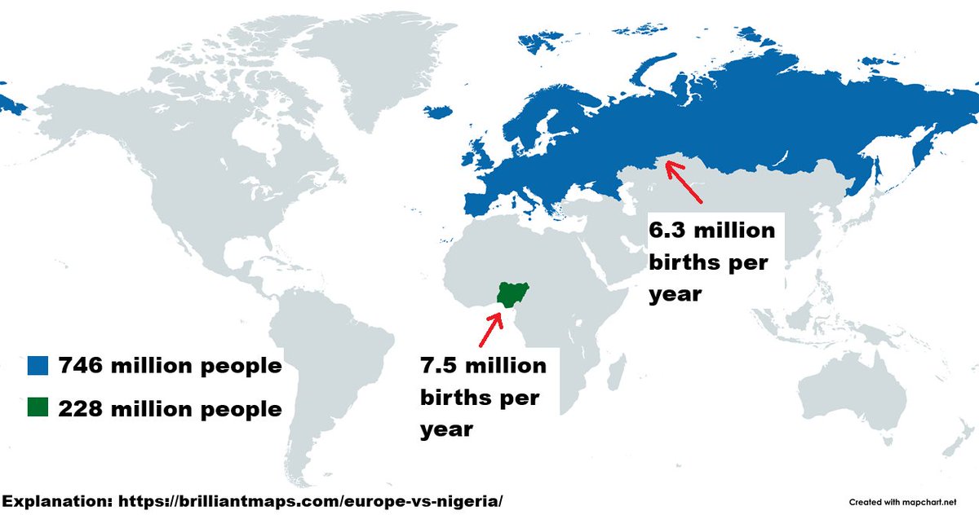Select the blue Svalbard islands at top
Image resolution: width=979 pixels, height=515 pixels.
pos(534,40)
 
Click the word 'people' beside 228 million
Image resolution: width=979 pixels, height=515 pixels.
pos(241,408)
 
